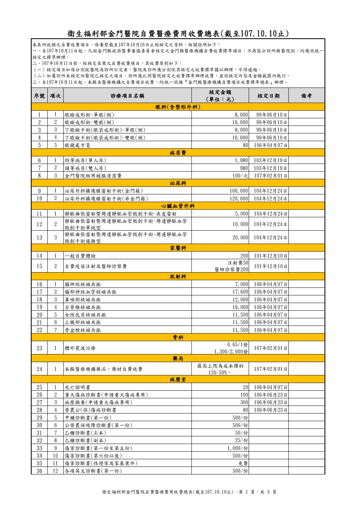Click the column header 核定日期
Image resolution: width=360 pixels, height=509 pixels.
[268, 95]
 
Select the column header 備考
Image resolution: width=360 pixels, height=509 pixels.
[306, 95]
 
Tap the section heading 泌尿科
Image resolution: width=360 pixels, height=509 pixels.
[178, 183]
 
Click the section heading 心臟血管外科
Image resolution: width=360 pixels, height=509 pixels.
[178, 206]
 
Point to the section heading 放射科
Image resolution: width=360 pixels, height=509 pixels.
[178, 277]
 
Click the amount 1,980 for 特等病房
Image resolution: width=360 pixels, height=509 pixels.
[241, 160]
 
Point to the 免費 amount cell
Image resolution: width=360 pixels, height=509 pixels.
[243, 463]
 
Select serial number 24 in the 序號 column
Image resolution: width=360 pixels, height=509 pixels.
[39, 369]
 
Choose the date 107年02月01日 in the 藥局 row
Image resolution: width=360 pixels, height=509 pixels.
[270, 369]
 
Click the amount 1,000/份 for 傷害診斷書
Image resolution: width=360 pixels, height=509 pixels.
[237, 448]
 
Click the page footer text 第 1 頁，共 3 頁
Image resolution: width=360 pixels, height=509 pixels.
[257, 492]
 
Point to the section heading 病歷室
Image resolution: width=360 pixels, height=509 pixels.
[178, 380]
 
